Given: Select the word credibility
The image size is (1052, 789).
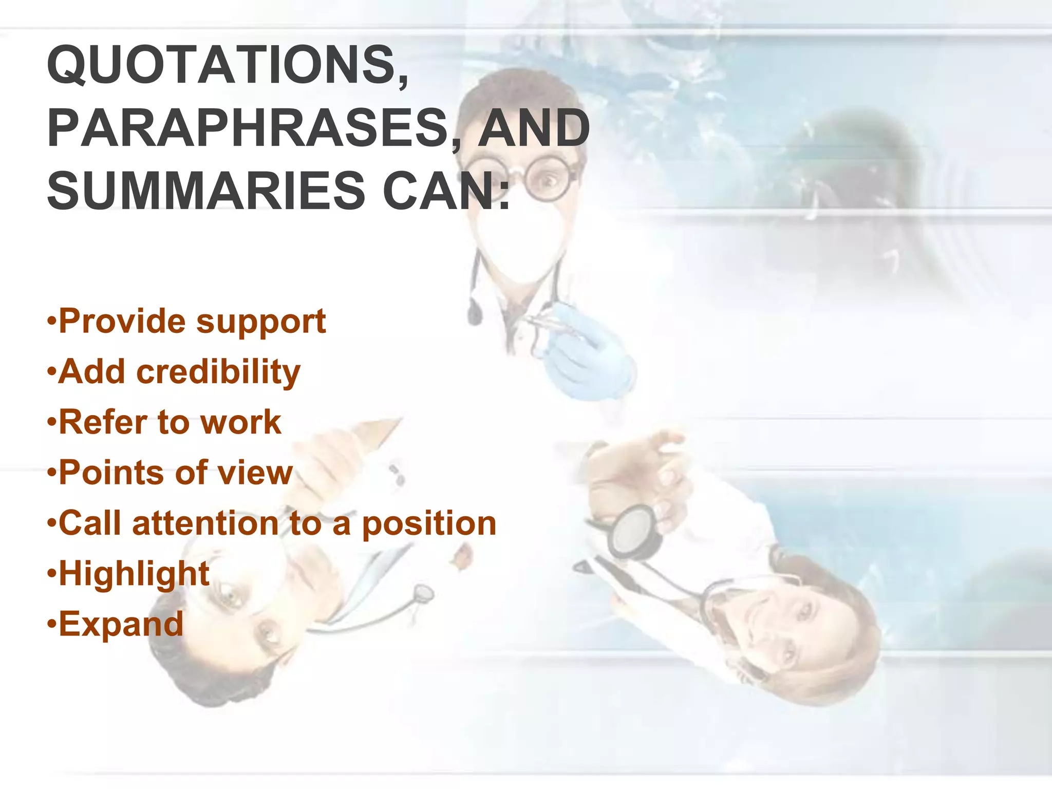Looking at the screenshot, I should click(x=218, y=371).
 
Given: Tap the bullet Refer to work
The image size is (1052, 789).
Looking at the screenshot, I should click(x=170, y=422).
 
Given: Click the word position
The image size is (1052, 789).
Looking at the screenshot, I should click(x=429, y=523).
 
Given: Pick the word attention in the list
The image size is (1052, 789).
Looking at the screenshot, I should click(x=205, y=523).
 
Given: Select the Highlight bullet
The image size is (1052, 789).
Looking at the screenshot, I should click(x=134, y=574).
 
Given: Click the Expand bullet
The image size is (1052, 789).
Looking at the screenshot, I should click(x=121, y=624).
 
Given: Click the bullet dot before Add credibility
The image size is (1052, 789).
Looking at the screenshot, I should click(x=51, y=371).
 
